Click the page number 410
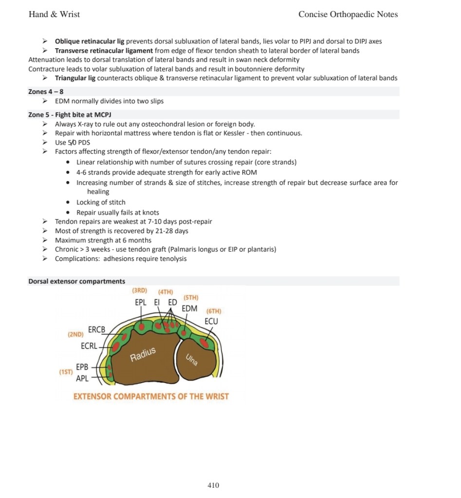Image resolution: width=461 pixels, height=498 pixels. [213, 485]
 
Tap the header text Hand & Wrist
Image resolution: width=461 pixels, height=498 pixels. [54, 14]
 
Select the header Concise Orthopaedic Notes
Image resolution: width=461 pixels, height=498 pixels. [348, 14]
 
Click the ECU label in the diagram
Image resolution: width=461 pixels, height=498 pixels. [211, 321]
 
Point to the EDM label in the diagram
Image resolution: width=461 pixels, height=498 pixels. [189, 308]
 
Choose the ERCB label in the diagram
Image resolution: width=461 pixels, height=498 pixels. [96, 330]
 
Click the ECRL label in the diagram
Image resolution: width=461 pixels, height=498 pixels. [89, 346]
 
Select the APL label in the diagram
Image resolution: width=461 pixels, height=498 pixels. [82, 378]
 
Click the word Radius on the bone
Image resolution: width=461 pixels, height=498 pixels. [143, 355]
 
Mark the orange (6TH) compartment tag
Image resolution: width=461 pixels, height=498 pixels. [214, 311]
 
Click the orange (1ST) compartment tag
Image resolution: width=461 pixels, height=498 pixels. [65, 372]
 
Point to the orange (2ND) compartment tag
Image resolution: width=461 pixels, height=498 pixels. [75, 334]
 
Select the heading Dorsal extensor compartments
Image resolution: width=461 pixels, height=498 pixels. [76, 281]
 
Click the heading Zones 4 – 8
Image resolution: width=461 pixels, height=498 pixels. [46, 92]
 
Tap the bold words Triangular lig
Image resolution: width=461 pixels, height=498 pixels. [75, 78]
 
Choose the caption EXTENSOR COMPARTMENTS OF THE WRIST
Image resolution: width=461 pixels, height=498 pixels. [150, 396]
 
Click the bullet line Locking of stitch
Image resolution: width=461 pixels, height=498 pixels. [101, 203]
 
